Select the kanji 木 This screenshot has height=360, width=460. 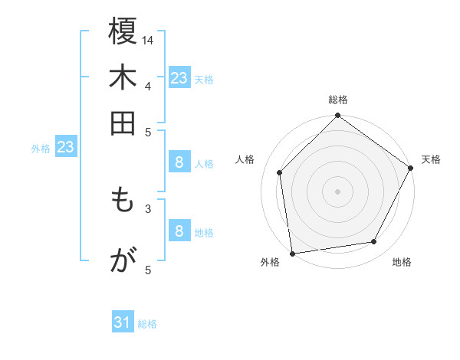click(123, 79)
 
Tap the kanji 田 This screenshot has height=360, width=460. click(123, 123)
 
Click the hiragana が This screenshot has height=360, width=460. click(123, 260)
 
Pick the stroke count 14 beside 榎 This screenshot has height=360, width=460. click(149, 39)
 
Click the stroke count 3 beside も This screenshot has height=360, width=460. click(148, 208)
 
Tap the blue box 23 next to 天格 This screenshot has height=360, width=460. click(179, 77)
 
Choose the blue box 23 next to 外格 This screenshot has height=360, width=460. click(65, 147)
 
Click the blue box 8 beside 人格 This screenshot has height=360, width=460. click(179, 162)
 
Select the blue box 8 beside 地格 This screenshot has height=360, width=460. click(179, 231)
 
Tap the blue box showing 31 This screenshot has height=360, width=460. click(123, 322)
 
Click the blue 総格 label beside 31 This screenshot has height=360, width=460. click(147, 324)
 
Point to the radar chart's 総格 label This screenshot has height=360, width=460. click(338, 100)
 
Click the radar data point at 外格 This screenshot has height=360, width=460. click(292, 253)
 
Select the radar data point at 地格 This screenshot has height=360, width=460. click(374, 241)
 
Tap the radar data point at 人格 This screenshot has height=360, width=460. click(280, 172)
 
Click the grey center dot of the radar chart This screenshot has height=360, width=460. click(338, 191)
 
